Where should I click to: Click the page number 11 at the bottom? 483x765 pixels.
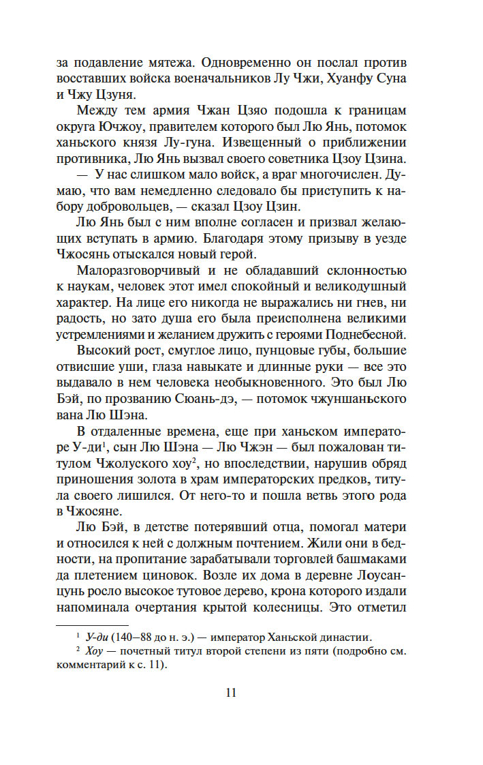tap(230, 693)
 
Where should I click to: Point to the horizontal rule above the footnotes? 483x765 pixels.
tap(91, 624)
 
